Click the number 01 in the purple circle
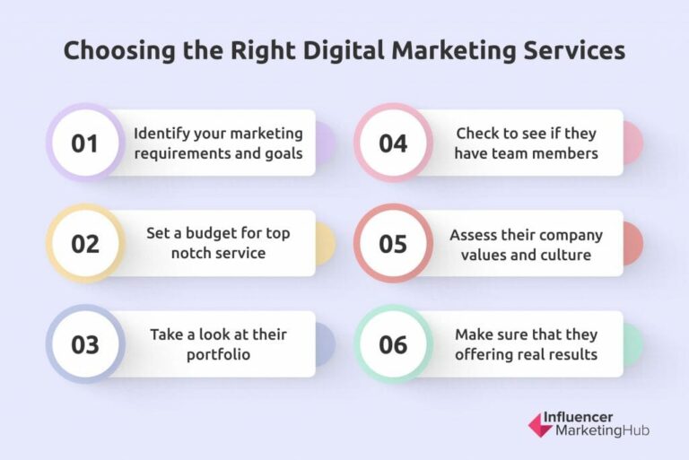tap(85, 143)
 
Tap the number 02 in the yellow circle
tap(85, 243)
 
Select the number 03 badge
tap(85, 343)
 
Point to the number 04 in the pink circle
tap(393, 143)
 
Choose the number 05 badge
tap(393, 243)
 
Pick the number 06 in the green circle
tap(393, 343)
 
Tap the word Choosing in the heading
tap(118, 50)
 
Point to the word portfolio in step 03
tap(219, 353)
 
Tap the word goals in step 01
tap(283, 152)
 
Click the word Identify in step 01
tap(162, 134)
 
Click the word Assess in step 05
tap(475, 235)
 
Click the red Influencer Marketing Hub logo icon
tap(540, 424)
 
